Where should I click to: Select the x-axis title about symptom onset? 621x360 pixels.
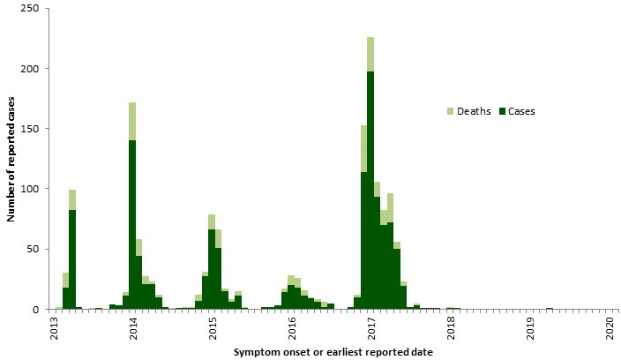point(333,352)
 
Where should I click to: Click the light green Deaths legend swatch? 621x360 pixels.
point(452,111)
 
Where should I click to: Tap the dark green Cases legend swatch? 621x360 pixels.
point(501,111)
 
